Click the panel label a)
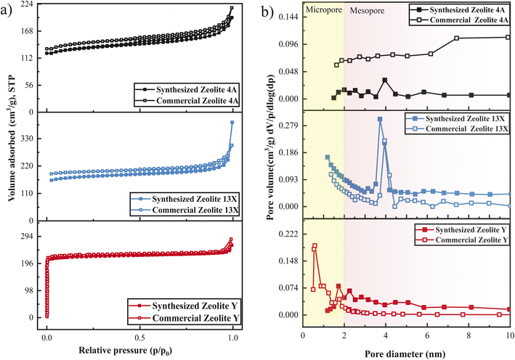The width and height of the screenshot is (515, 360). (9, 10)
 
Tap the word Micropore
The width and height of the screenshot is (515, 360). (323, 11)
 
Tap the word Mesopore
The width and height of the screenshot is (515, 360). (368, 11)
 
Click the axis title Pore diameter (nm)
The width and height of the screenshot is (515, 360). (406, 351)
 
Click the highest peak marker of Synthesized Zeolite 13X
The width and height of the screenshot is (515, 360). (379, 119)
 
